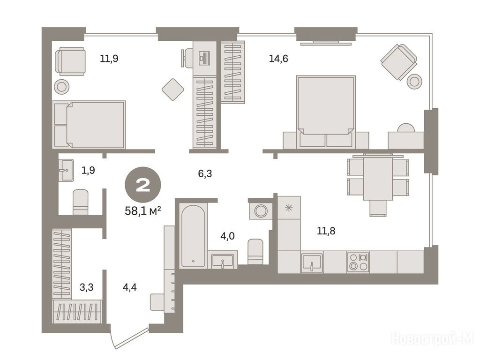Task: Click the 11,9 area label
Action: coord(109,58)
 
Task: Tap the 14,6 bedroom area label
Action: coord(278,58)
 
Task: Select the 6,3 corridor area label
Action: coord(205,173)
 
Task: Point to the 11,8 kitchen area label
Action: coord(326,231)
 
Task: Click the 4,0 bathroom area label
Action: coord(227,236)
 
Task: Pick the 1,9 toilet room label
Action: coord(88,170)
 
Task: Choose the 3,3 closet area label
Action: coord(86,287)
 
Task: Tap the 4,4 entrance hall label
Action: coord(129,287)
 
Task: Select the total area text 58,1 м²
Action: coord(143,210)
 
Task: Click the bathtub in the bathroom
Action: coord(193,236)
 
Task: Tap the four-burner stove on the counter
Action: coord(358,262)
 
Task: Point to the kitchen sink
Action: coord(312,262)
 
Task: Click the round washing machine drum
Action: coord(261,211)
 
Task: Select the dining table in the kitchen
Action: coord(378,179)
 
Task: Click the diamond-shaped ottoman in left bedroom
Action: coord(172,90)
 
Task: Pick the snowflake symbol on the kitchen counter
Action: coord(289,208)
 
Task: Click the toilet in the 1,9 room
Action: coord(81,202)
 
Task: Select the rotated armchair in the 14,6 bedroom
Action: coord(399,62)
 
